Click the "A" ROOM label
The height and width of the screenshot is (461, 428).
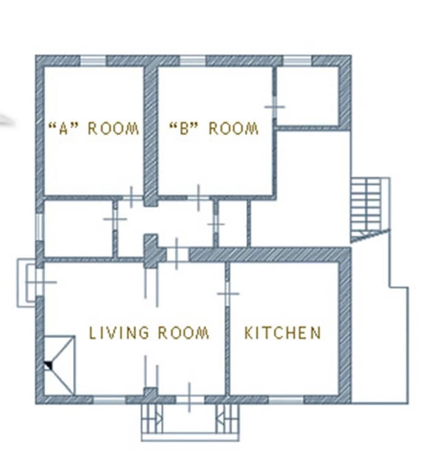click(94, 128)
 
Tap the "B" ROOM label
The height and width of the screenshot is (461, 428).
click(214, 128)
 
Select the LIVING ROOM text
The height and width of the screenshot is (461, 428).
click(149, 333)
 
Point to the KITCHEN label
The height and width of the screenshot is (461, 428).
click(283, 333)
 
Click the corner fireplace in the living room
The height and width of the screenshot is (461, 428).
click(59, 365)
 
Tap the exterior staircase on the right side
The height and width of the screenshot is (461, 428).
click(368, 207)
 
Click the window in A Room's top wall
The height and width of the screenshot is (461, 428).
click(93, 61)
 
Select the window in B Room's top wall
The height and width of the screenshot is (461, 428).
click(192, 61)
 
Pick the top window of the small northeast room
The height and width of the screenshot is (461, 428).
click(297, 61)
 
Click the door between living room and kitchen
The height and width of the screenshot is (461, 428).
click(227, 293)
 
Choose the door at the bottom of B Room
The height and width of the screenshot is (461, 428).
click(198, 197)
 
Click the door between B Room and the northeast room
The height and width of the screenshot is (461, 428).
click(275, 107)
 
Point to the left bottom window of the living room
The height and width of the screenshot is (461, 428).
click(109, 399)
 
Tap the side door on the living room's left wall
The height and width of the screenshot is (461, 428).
click(40, 282)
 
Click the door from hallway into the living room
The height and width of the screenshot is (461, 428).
click(177, 254)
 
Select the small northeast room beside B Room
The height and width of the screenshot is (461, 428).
click(307, 95)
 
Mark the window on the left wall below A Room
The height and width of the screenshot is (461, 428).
click(40, 226)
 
